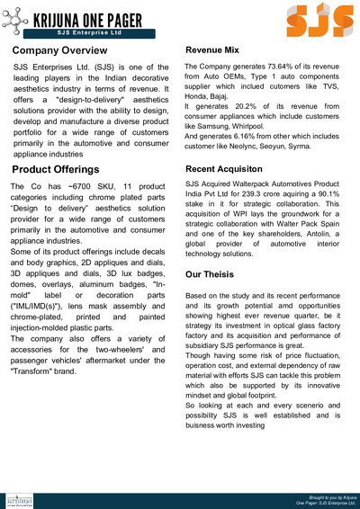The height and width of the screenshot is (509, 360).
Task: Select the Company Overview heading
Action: pyautogui.click(x=60, y=50)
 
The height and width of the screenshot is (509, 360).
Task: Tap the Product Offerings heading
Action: pyautogui.click(x=58, y=169)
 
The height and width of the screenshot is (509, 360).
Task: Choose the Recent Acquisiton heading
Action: pyautogui.click(x=230, y=169)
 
